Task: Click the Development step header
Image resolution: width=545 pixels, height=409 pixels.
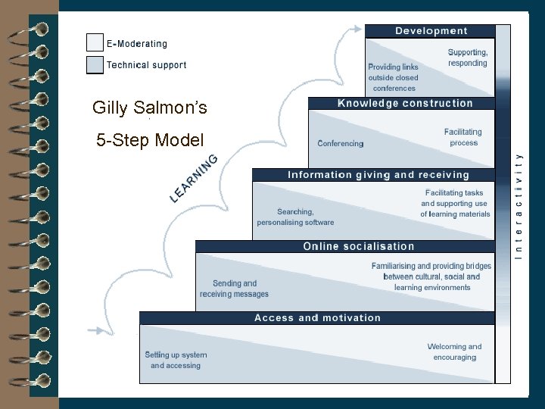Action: coord(430,31)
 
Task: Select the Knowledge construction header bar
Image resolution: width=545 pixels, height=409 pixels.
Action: coord(404,103)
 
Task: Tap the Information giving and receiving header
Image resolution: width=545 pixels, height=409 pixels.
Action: coord(378,175)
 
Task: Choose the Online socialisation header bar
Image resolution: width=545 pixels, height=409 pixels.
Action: coord(358,246)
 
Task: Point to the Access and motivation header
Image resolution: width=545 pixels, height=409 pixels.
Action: coord(317,318)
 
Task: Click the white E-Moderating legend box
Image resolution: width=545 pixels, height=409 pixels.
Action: coord(95,43)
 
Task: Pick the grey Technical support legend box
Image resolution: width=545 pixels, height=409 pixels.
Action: coord(95,64)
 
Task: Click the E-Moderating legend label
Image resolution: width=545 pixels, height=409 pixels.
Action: coord(137,44)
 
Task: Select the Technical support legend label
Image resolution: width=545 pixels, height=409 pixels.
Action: coord(146,65)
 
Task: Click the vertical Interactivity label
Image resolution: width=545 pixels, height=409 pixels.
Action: coord(519,204)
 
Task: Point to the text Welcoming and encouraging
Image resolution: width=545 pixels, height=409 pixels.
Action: coord(454,352)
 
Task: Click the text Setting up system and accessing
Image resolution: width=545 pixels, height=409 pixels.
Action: coord(176,360)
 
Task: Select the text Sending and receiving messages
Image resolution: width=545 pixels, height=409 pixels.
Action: coord(234,289)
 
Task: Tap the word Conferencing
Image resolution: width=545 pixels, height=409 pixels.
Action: coord(340,144)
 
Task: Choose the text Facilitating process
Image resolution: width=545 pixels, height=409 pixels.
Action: coord(463,137)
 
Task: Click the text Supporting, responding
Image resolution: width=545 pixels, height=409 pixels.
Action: coord(467,58)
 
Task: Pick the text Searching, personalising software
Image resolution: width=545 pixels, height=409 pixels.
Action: coord(295,217)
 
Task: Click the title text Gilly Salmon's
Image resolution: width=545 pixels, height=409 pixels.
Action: coord(149,108)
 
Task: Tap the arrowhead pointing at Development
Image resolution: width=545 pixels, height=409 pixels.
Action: coord(356,29)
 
